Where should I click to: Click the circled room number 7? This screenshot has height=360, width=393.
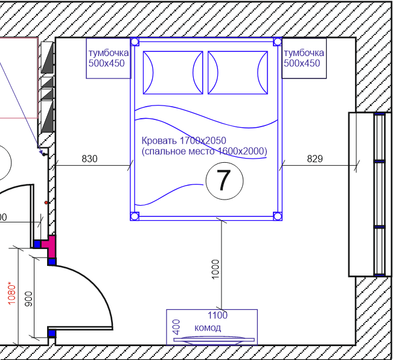click(225, 181)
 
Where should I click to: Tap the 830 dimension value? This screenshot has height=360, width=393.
click(89, 159)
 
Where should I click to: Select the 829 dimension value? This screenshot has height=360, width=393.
click(315, 159)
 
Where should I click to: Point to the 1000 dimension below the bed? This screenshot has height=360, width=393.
click(216, 269)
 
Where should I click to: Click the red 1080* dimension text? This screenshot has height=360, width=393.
click(12, 294)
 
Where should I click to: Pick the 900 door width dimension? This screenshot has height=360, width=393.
click(28, 299)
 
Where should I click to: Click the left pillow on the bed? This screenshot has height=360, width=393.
click(173, 72)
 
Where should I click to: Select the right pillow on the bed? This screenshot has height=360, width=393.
click(238, 72)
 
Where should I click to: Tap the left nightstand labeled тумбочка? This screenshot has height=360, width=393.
click(108, 58)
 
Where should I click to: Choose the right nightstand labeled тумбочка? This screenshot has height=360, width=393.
click(304, 58)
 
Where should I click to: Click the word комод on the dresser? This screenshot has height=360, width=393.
click(208, 327)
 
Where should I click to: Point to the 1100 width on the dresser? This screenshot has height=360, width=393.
click(217, 315)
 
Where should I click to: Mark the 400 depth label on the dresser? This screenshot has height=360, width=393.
click(177, 327)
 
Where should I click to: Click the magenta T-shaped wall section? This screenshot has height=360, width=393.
click(50, 247)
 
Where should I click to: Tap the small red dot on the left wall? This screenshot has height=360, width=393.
click(46, 203)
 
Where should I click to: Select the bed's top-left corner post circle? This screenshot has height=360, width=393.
click(135, 42)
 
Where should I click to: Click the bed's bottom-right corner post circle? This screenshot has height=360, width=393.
click(278, 216)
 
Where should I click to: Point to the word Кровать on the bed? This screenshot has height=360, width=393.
click(159, 141)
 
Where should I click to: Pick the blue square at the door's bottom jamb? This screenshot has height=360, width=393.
click(52, 333)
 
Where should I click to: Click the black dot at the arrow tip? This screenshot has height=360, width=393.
click(44, 154)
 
